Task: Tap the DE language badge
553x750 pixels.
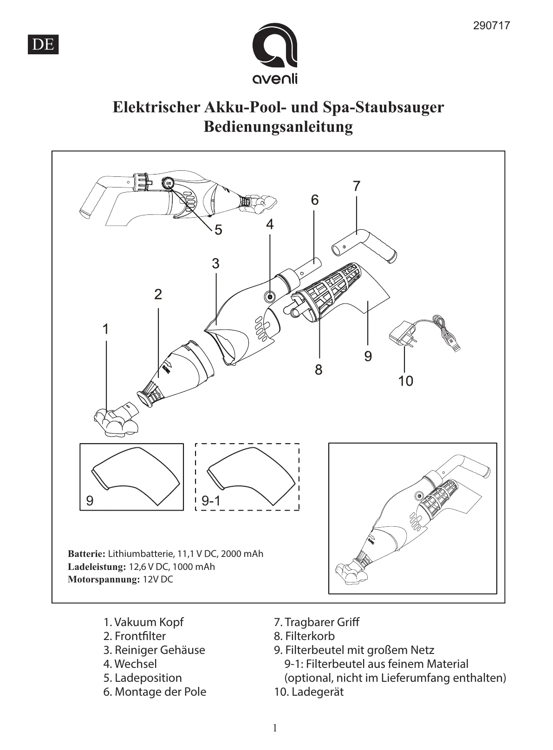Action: pyautogui.click(x=43, y=45)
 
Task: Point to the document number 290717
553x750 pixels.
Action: pyautogui.click(x=491, y=26)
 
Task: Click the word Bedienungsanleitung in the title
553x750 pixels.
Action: pyautogui.click(x=278, y=126)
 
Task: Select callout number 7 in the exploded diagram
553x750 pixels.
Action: pyautogui.click(x=356, y=186)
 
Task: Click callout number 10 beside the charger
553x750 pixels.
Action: pyautogui.click(x=405, y=381)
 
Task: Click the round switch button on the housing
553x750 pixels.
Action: pyautogui.click(x=270, y=296)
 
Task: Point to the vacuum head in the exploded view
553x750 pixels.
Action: pyautogui.click(x=116, y=420)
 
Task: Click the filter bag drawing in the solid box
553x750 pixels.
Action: pyautogui.click(x=136, y=476)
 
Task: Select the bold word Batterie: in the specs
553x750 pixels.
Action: pyautogui.click(x=87, y=554)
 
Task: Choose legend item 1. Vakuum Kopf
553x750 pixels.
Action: pyautogui.click(x=143, y=622)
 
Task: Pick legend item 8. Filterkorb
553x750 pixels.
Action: pyautogui.click(x=304, y=636)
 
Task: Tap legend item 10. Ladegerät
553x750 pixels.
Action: pyautogui.click(x=309, y=692)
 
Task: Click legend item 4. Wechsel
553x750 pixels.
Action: pyautogui.click(x=130, y=664)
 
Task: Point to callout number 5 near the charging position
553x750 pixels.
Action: pyautogui.click(x=218, y=230)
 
